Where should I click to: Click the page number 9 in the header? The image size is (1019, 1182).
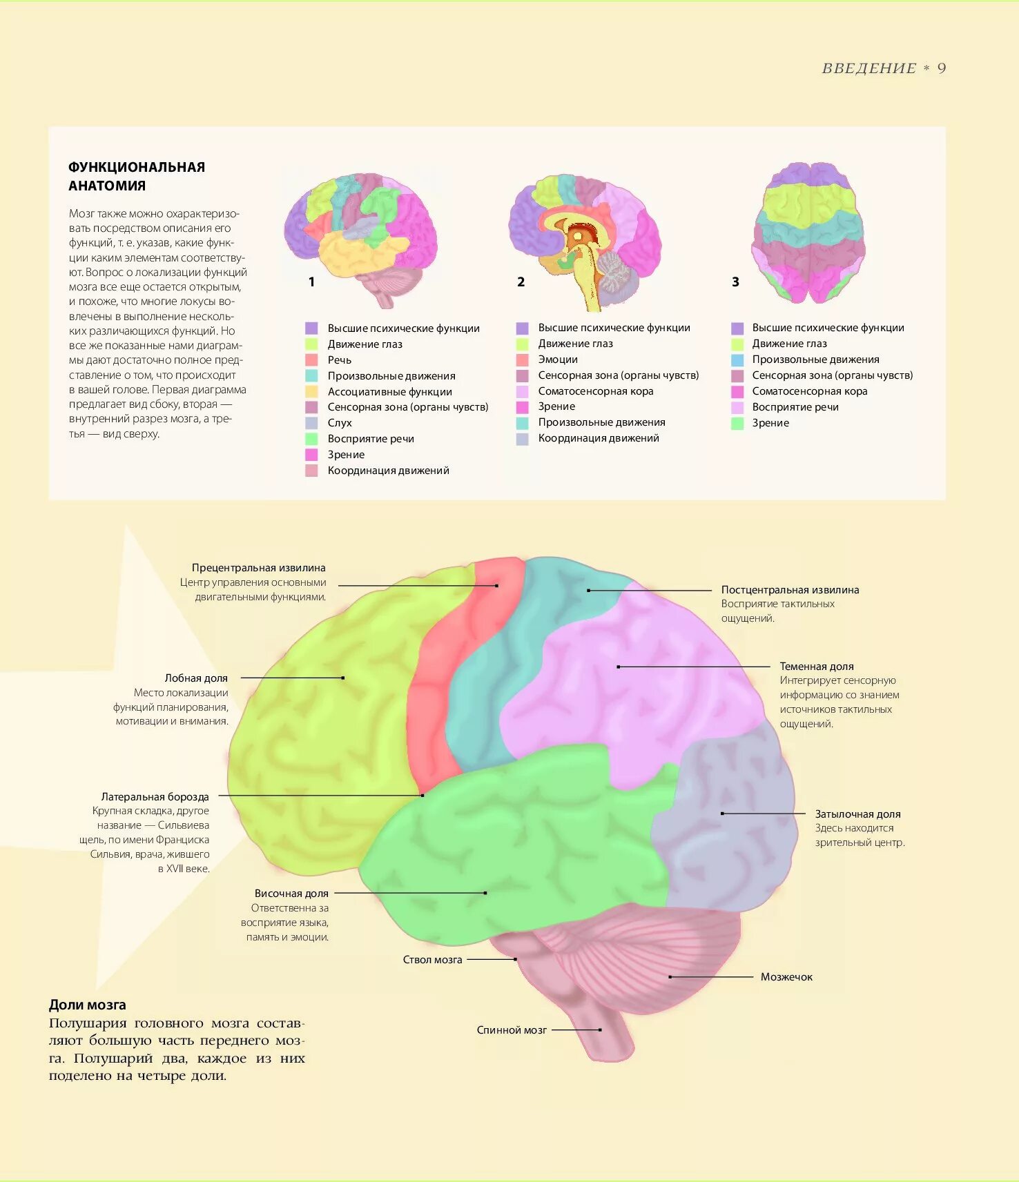point(942,68)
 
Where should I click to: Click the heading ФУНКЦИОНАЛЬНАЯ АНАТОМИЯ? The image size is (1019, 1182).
point(137,176)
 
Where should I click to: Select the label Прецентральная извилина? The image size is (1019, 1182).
point(258,568)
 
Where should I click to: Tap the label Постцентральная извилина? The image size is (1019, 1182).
point(790,590)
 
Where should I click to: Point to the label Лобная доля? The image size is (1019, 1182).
point(196,678)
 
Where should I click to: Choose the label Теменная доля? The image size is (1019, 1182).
point(816,667)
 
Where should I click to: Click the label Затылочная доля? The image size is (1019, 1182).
point(857,814)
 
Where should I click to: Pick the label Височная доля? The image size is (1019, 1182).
point(291,894)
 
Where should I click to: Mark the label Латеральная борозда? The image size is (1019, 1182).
point(155,797)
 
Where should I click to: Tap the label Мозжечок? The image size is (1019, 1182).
point(786,977)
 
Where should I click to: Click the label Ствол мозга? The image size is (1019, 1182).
point(432,960)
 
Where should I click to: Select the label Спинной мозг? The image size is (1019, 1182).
point(512,1030)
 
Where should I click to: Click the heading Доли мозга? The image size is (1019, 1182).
point(88,1005)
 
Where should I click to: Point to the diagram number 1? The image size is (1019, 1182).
point(311,282)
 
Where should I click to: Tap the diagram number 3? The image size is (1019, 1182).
point(735,282)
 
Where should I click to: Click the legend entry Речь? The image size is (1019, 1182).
point(339,360)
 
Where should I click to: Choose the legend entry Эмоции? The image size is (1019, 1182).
point(558,359)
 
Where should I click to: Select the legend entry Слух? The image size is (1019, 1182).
point(340,423)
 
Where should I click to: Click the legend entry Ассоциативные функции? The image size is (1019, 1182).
point(389,392)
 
